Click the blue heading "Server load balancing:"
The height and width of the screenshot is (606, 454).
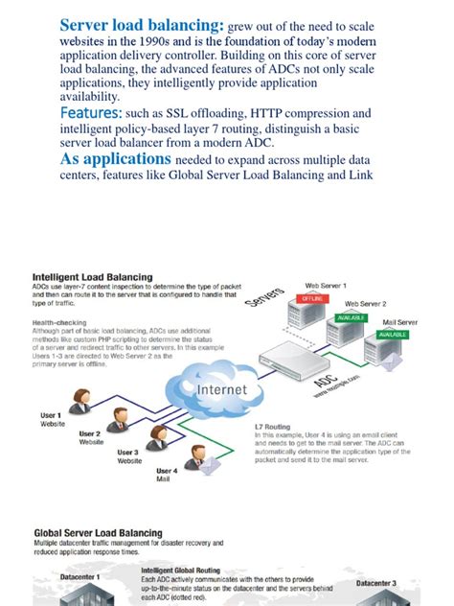(142, 25)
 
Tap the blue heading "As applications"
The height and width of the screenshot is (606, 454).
(116, 158)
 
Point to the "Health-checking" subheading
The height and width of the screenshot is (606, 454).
(63, 323)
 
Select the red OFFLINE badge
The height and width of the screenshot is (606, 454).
(313, 299)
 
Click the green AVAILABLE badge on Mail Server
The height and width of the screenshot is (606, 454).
(393, 336)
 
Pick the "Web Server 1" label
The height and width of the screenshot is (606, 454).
(326, 286)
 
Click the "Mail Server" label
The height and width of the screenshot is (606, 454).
(400, 323)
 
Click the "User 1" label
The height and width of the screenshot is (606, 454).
(51, 414)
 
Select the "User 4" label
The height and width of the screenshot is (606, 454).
(166, 471)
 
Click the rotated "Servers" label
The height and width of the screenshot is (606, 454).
(264, 302)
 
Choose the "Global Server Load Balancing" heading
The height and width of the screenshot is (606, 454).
(98, 532)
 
